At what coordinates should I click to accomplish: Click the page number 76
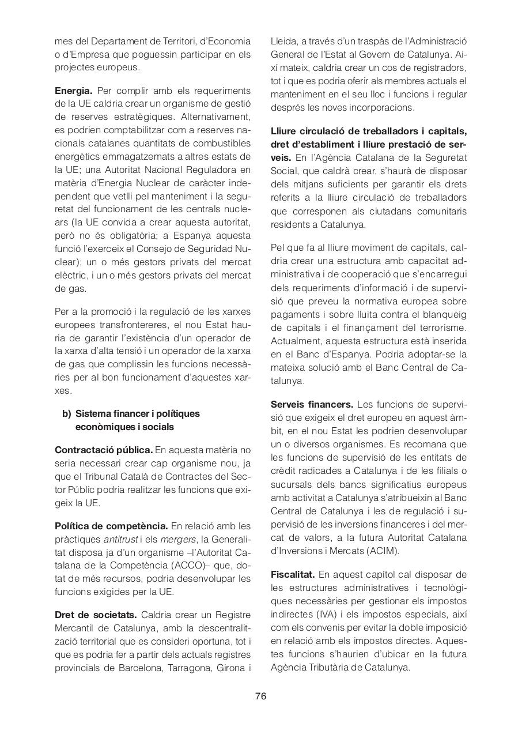260,696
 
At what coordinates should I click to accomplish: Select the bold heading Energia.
73,91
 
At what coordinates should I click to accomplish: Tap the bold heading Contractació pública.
104,450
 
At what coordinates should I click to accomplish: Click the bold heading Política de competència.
111,526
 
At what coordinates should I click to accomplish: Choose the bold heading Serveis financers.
312,404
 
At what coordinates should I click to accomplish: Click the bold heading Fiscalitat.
293,574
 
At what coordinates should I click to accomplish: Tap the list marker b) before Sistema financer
67,413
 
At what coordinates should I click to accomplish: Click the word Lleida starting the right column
283,42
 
